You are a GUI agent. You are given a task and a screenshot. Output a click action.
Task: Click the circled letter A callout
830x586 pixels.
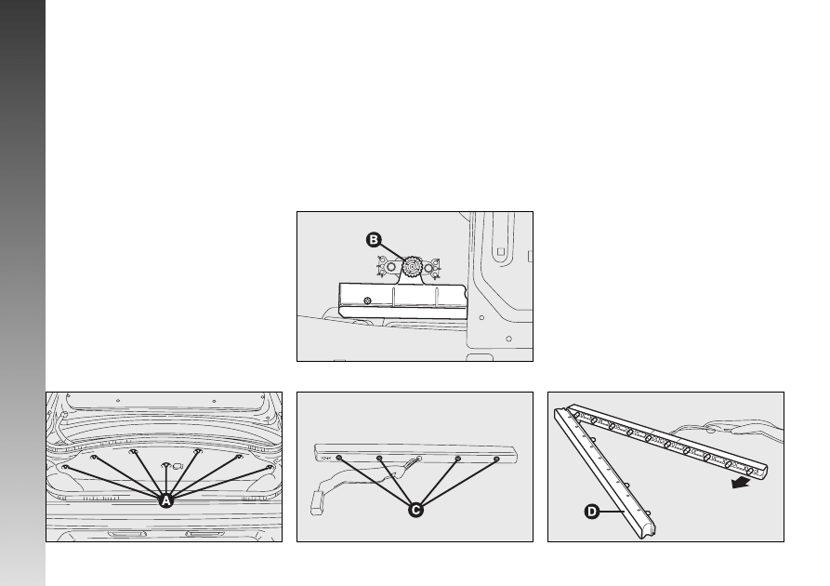point(166,500)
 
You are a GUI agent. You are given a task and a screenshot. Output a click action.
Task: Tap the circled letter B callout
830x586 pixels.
point(374,240)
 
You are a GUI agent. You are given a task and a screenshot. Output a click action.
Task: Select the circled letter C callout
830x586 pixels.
point(416,510)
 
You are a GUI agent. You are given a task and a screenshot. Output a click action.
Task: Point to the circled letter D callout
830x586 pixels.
point(592,512)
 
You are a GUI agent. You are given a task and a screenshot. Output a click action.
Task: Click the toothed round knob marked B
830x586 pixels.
point(411,267)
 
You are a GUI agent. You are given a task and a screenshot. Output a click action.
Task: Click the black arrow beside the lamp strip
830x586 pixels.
point(741,482)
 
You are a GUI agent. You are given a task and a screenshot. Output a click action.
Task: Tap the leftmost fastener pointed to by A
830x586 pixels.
point(66,467)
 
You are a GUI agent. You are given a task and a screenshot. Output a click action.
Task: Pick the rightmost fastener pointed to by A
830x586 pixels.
point(270,467)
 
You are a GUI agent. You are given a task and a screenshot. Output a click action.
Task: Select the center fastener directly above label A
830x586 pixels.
point(166,466)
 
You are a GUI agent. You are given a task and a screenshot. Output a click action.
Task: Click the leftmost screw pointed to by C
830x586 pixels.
point(339,458)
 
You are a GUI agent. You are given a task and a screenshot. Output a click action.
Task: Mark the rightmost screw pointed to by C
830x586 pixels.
point(496,459)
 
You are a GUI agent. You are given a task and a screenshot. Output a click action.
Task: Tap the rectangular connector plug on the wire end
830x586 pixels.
point(317,503)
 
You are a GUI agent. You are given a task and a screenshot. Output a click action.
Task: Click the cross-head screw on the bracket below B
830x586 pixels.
point(367,301)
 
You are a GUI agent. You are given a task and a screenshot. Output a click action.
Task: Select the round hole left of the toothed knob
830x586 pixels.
point(391,267)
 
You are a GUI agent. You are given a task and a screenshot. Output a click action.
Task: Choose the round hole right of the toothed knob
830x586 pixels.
point(428,268)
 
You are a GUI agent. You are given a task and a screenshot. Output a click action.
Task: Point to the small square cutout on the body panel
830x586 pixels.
point(501,252)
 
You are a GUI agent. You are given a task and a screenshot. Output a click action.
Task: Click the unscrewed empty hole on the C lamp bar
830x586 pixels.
point(418,459)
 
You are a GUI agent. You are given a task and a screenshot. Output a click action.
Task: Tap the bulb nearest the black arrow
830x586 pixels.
point(749,471)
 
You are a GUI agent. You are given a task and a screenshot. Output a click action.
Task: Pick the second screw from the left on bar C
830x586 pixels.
point(379,459)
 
